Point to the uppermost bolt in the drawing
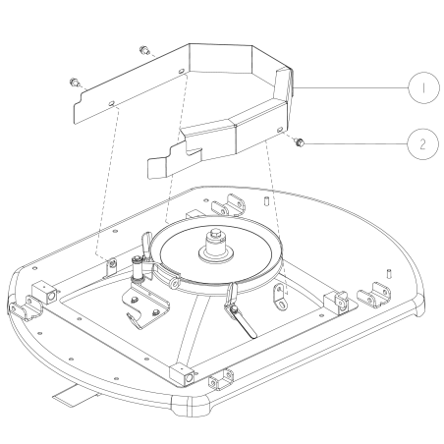tap(143, 49)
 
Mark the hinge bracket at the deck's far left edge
tap(18, 309)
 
